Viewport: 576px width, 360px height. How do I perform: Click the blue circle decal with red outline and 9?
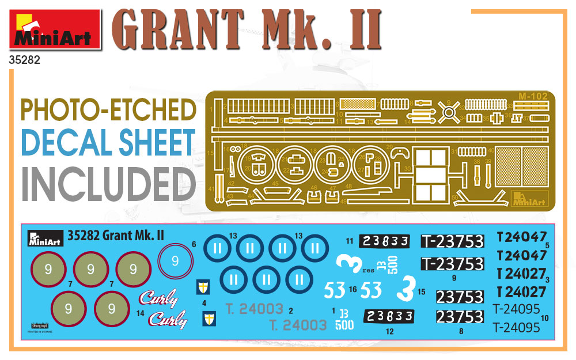[x=175, y=261]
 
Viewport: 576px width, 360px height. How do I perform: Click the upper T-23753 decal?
[x=452, y=241]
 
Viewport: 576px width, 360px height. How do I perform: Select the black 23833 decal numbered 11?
[x=385, y=241]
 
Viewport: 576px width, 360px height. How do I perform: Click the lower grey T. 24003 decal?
[x=298, y=325]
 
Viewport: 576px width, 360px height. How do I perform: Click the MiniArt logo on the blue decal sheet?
[x=44, y=238]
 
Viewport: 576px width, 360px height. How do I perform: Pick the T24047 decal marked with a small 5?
[x=521, y=237]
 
